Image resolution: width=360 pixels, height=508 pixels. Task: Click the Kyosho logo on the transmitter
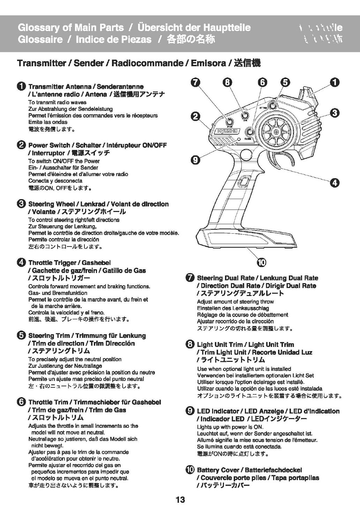coord(229,131)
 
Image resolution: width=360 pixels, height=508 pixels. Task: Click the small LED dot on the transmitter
coord(239,139)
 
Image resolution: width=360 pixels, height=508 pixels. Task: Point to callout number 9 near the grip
coord(195,160)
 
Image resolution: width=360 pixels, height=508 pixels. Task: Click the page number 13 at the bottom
coord(180,500)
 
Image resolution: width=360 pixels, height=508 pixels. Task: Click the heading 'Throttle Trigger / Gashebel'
coord(69,263)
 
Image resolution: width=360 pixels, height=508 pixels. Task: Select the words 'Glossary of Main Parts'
coord(70,28)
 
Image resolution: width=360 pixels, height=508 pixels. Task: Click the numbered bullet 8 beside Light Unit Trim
coord(190,344)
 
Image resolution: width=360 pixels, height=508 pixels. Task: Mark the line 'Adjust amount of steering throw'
coord(235,302)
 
